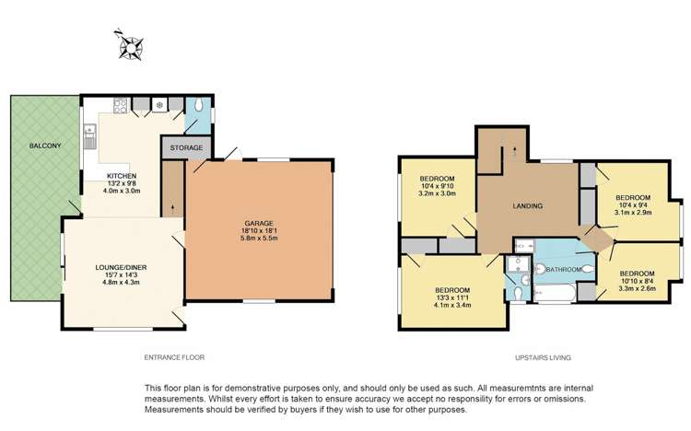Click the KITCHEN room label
[122, 174]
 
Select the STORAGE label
[187, 147]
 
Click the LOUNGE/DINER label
[122, 268]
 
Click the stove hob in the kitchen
[159, 105]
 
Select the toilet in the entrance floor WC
[201, 104]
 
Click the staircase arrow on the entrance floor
[173, 199]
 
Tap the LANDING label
[527, 205]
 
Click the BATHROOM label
[562, 269]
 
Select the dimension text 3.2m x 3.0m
[438, 193]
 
